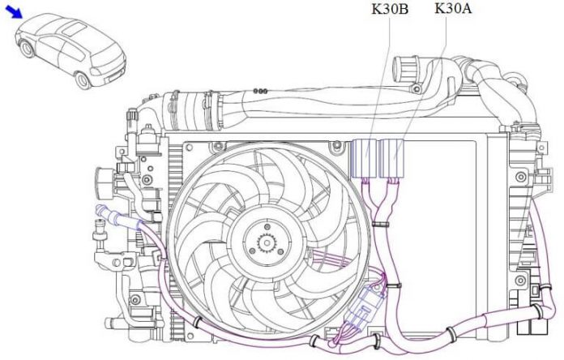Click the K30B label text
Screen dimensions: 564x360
390,9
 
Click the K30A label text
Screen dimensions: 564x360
453,8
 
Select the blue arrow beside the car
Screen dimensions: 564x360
15,12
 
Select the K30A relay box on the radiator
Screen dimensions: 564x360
392,158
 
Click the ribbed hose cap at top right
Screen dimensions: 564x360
405,70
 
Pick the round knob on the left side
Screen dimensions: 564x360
105,182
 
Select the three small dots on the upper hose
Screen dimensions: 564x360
260,92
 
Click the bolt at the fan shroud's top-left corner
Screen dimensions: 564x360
188,147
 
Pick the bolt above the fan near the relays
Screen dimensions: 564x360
337,144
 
